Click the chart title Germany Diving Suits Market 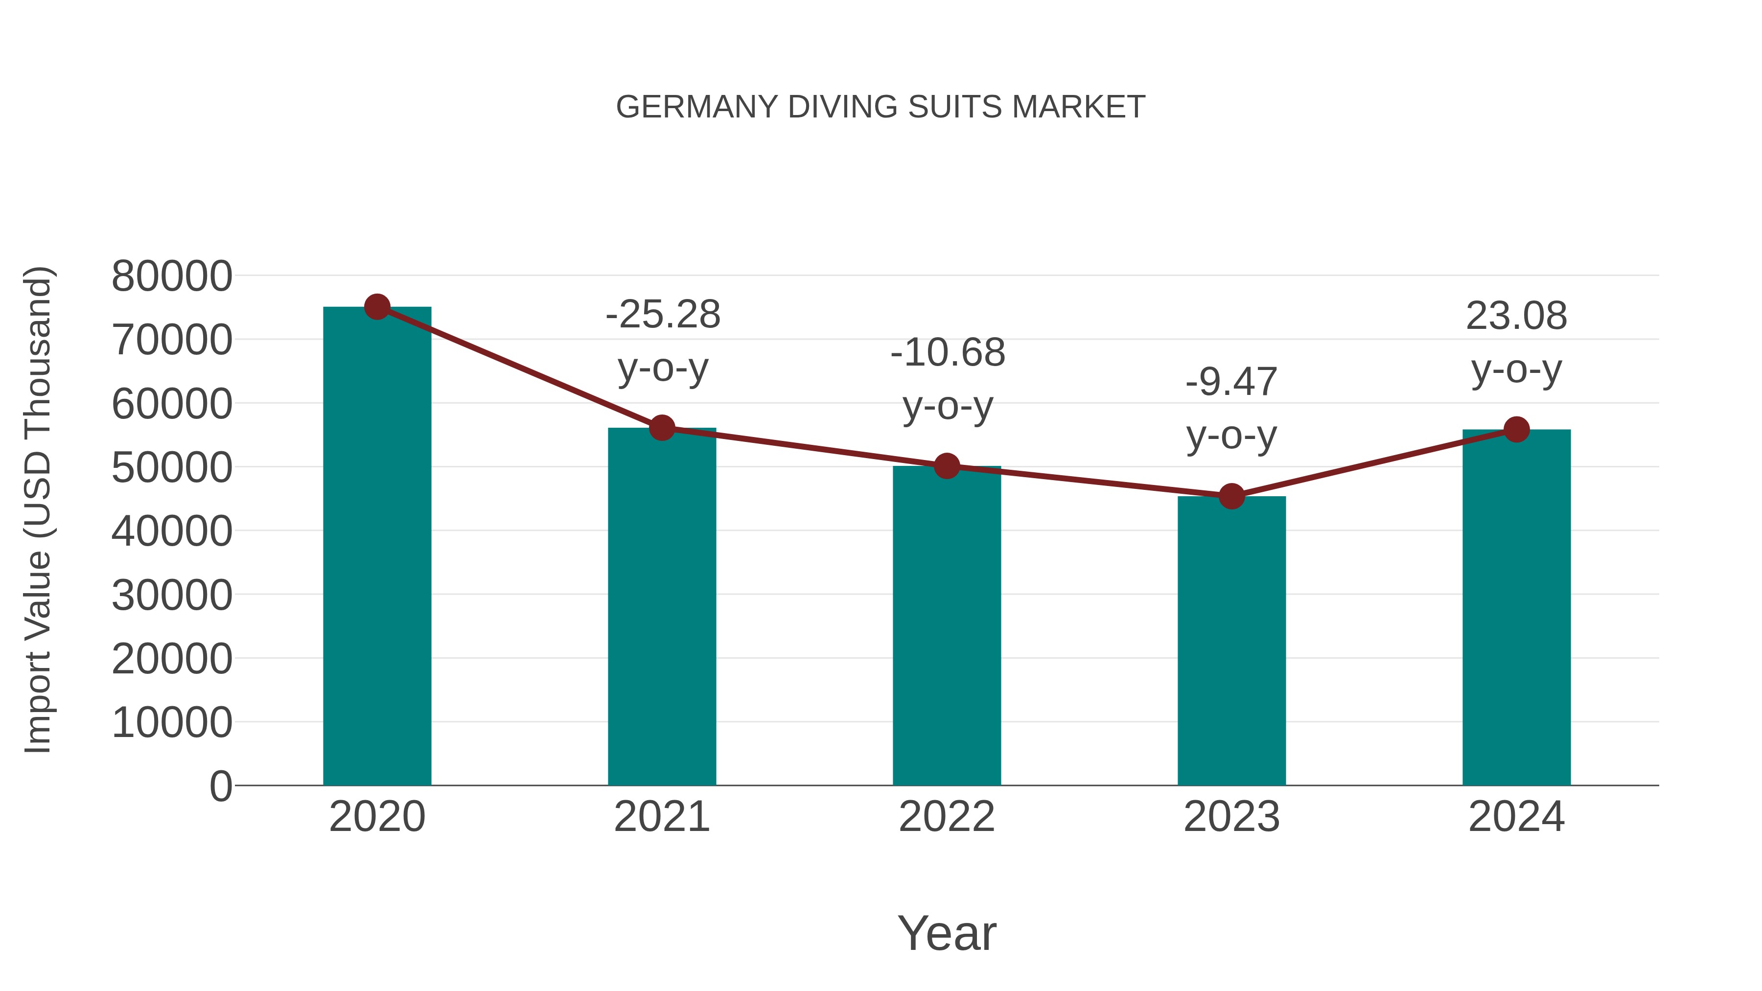pyautogui.click(x=881, y=107)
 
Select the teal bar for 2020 pyautogui.click(x=377, y=547)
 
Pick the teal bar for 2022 pyautogui.click(x=947, y=626)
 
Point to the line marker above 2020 pyautogui.click(x=377, y=307)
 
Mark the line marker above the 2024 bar pyautogui.click(x=1516, y=430)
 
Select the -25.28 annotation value pyautogui.click(x=663, y=315)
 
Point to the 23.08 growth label pyautogui.click(x=1516, y=316)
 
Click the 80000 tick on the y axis pyautogui.click(x=172, y=277)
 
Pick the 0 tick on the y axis pyautogui.click(x=221, y=786)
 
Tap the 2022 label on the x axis pyautogui.click(x=947, y=817)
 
